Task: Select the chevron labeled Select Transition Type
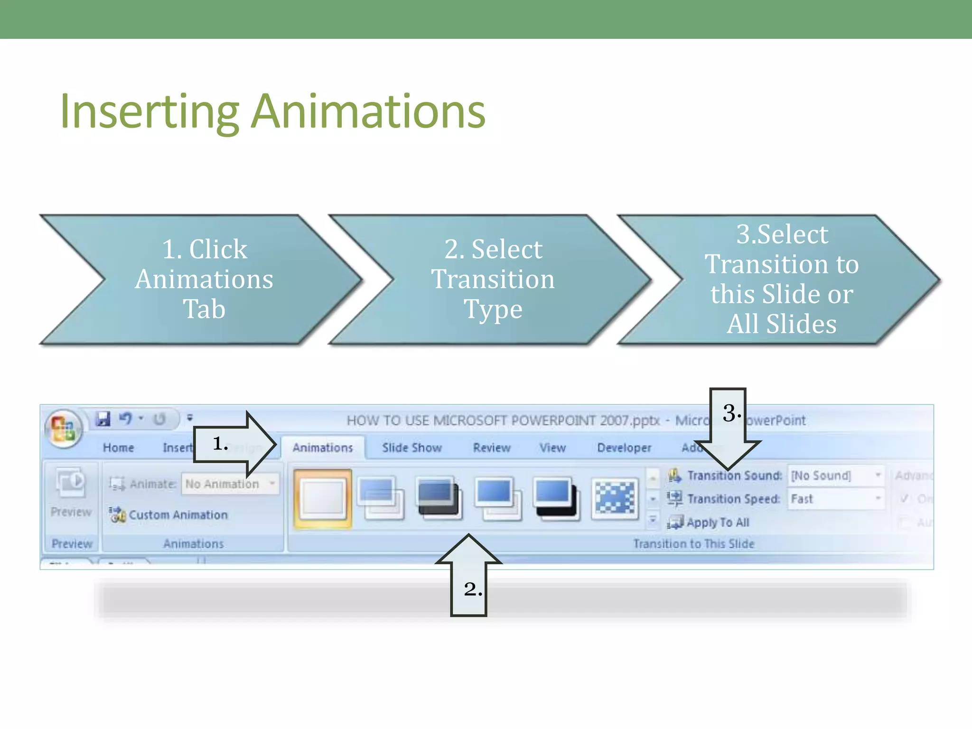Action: point(493,279)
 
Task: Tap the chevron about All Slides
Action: point(781,279)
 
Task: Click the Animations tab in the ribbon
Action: point(323,448)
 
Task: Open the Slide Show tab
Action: point(412,448)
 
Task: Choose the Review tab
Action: point(492,448)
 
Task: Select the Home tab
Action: point(118,448)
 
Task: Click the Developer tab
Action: point(624,448)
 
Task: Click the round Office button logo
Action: point(63,429)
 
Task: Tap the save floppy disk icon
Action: point(103,419)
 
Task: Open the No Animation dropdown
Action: point(230,484)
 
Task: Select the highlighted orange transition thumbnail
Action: point(323,498)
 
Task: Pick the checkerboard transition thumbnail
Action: point(615,498)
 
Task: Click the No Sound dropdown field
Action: point(835,475)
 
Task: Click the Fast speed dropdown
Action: point(835,499)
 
